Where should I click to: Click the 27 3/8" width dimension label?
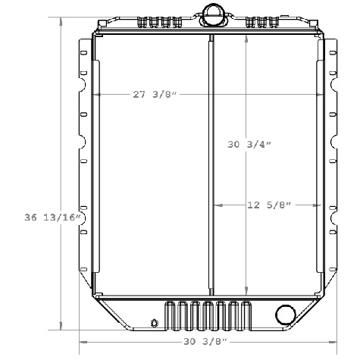click(x=155, y=95)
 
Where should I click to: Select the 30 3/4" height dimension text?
click(x=249, y=143)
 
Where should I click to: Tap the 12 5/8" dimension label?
click(x=269, y=205)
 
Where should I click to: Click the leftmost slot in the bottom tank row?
click(x=170, y=315)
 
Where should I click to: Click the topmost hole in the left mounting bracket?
click(x=83, y=54)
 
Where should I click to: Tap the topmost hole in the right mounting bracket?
click(x=333, y=54)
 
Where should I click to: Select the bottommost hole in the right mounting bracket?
click(x=333, y=278)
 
